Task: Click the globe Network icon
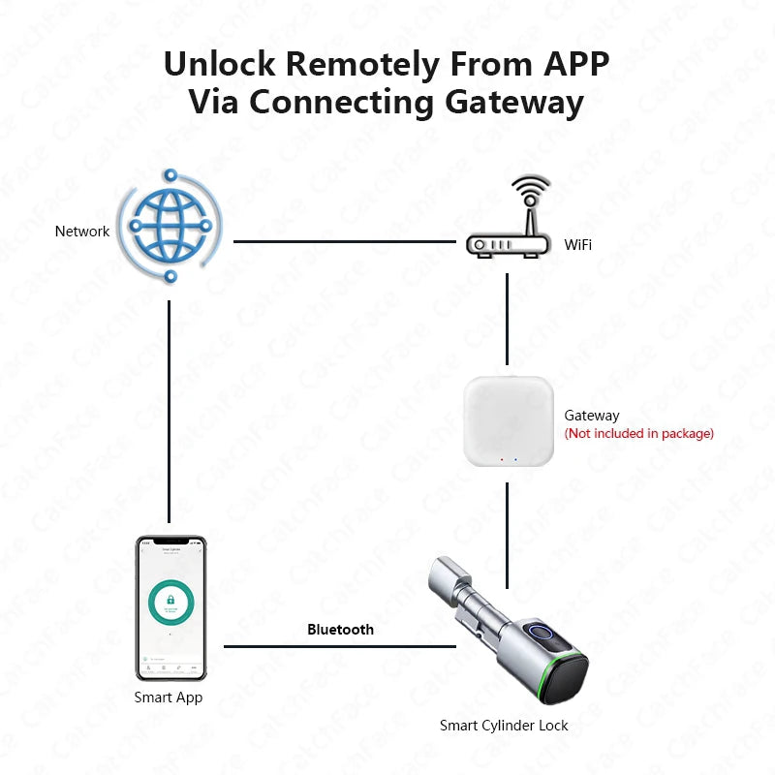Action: coord(170,228)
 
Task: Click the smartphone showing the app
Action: coord(170,608)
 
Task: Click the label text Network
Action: coord(82,232)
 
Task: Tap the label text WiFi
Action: coord(578,245)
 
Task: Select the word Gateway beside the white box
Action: coord(592,416)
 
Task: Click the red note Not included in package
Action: coord(639,433)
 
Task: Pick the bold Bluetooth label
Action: coord(340,630)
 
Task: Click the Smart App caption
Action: coord(169,697)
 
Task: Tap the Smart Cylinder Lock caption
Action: coord(504,726)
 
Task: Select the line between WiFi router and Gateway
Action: coord(507,320)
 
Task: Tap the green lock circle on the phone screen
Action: coord(170,604)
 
